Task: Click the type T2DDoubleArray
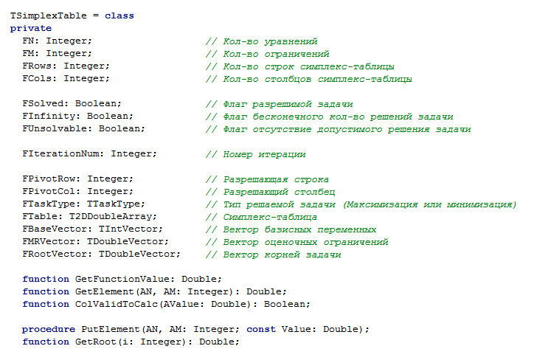[117, 216]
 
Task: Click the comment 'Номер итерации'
[255, 153]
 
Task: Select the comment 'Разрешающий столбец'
[267, 191]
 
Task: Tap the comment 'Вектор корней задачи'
[273, 254]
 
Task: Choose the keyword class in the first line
[119, 15]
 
